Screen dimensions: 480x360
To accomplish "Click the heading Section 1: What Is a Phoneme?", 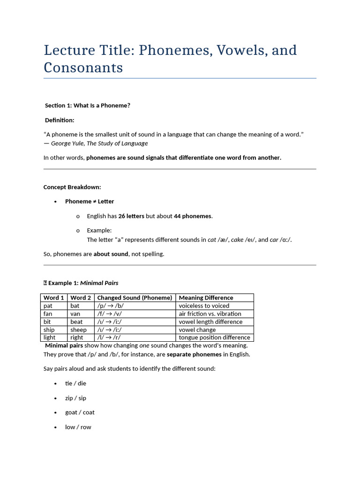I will coord(88,105).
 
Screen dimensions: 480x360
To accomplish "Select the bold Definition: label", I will coord(60,120).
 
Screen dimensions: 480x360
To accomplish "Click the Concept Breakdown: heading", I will coord(72,187).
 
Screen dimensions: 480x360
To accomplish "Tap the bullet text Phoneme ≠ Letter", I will coord(90,202).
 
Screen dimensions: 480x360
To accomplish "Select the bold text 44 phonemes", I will coord(193,216).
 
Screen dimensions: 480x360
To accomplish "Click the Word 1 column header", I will coord(53,298).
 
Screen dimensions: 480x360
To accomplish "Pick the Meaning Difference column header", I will coord(206,298).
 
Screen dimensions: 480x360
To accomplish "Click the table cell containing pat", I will coord(48,306).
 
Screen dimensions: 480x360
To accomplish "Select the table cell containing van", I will coord(75,314).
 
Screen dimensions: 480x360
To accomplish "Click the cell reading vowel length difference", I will coord(210,322).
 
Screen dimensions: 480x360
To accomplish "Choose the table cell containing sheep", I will coord(78,330).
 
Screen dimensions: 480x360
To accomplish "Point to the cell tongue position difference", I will coord(214,337).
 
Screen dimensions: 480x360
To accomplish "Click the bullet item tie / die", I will coord(75,383).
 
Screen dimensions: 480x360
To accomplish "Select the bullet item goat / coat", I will coord(80,412).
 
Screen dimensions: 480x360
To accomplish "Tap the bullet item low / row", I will coord(78,427).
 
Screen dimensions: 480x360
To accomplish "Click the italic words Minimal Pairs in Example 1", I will coord(99,283).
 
